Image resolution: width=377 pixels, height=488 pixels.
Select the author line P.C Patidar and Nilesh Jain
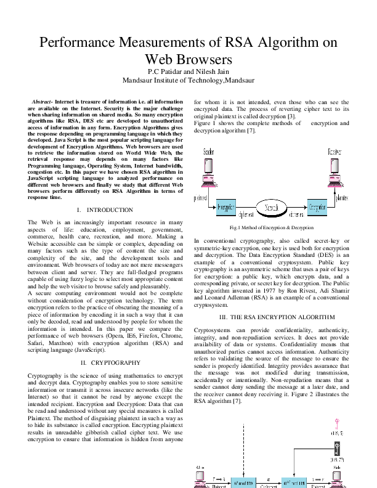coord(188,72)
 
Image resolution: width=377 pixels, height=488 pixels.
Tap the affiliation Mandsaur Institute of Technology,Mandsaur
coord(188,80)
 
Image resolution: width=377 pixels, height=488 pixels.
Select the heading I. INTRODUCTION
coord(102,210)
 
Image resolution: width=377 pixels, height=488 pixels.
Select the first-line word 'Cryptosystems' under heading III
coord(214,331)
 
